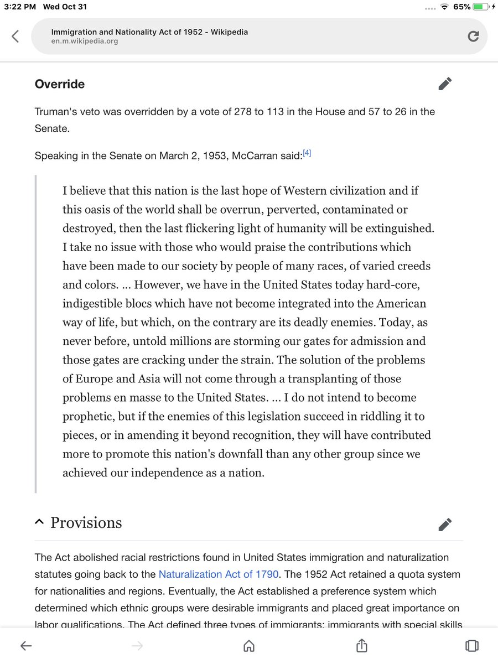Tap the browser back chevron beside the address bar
15,37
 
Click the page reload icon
473,37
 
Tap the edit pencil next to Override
445,84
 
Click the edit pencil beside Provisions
445,524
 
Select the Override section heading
60,84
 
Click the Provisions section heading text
86,523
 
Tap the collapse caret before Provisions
39,523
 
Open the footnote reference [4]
307,154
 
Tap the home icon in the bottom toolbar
249,646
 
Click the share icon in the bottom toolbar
361,645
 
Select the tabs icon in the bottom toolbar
471,646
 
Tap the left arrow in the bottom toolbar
27,646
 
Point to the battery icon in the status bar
480,7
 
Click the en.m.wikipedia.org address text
84,41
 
